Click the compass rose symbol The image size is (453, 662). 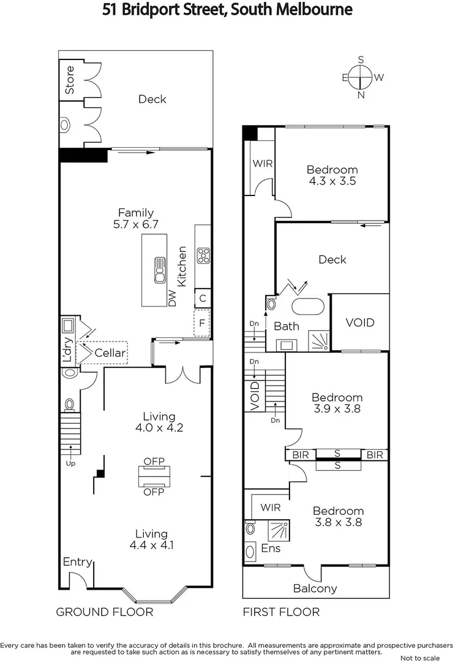click(x=361, y=77)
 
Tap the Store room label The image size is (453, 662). click(x=70, y=79)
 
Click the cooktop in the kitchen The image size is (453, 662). click(x=203, y=253)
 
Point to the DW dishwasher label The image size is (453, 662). click(x=172, y=299)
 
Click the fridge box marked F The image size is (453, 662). click(x=201, y=322)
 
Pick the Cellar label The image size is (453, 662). click(x=110, y=353)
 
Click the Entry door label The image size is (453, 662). click(x=77, y=562)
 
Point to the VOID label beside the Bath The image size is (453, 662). click(x=359, y=322)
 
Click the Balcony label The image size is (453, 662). click(x=315, y=588)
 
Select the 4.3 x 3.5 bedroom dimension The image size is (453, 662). click(x=332, y=181)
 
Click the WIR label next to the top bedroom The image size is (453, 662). click(x=262, y=164)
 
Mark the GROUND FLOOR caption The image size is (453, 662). click(x=105, y=612)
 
